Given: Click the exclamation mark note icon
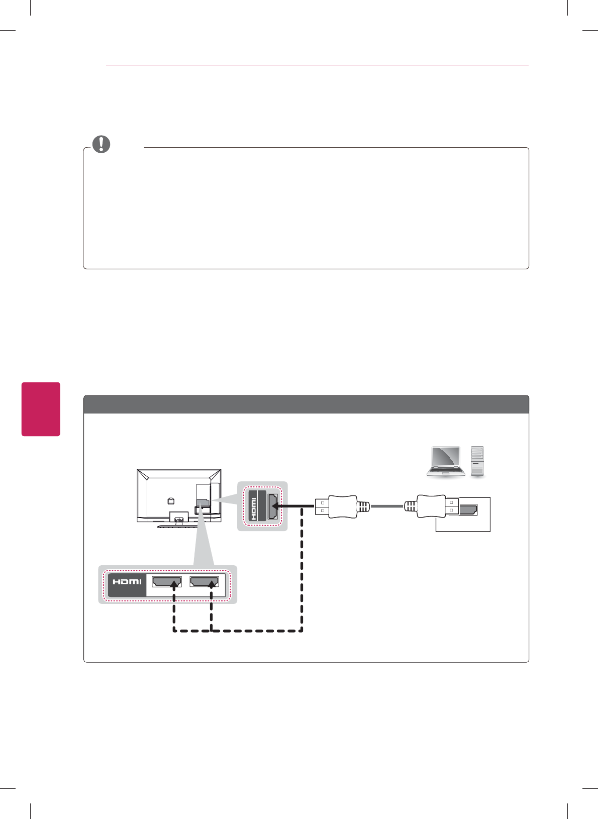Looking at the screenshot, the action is pos(101,144).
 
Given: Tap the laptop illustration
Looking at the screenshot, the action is pos(445,461).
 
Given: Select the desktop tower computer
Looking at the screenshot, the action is pos(477,461).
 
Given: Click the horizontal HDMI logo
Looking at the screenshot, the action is pos(127,582).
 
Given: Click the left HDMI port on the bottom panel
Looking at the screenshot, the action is pos(167,582).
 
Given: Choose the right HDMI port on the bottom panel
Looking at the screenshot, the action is pos(204,582).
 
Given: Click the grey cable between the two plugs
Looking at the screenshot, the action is pos(387,506).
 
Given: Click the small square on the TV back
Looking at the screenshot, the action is pos(170,500).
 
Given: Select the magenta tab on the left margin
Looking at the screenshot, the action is pos(41,409).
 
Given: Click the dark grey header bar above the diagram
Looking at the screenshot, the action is pos(306,404).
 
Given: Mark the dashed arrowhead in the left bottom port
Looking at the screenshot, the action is pos(174,584).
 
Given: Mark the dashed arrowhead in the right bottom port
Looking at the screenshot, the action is pos(212,584).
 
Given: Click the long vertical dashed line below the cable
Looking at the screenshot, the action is pos(302,568).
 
